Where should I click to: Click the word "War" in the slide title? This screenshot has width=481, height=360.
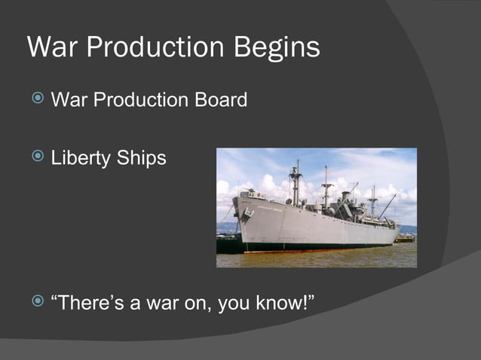pos(52,47)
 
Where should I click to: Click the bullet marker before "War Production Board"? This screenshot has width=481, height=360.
pos(38,99)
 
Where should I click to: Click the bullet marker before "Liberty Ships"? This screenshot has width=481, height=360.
pos(38,157)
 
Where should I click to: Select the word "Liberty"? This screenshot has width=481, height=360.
pos(80,158)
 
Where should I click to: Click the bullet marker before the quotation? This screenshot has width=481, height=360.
pos(38,301)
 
